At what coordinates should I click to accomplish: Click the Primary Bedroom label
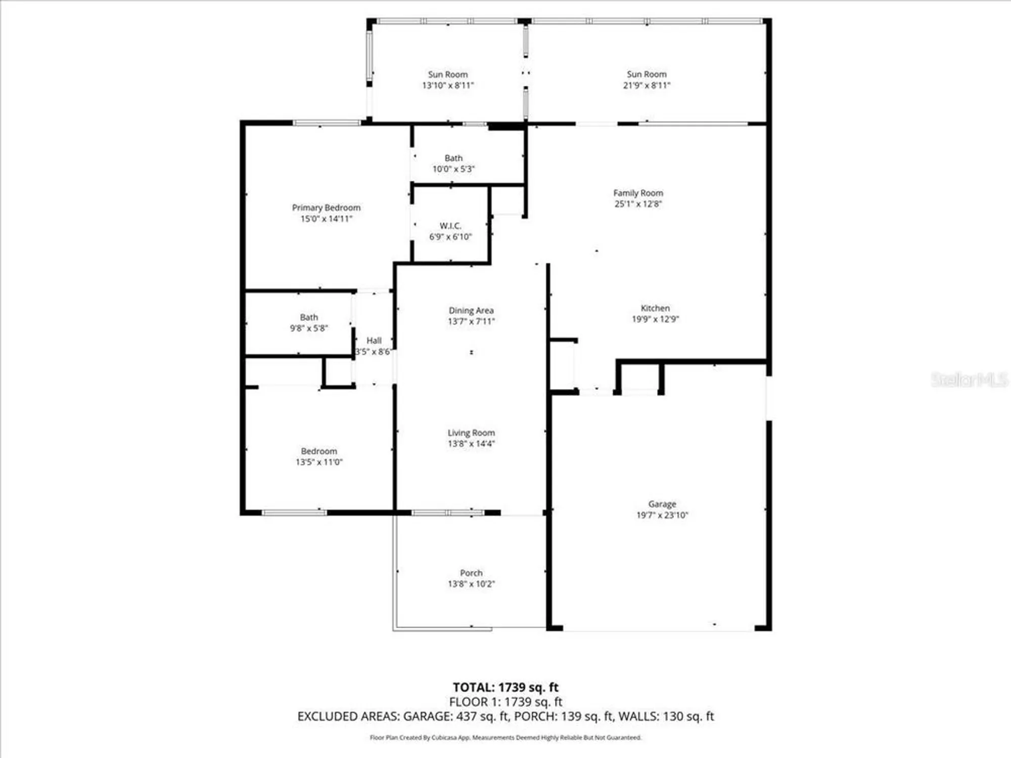[326, 208]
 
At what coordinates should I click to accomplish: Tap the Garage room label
[662, 504]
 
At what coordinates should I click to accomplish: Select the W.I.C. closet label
[450, 225]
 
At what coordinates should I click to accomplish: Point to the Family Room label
[638, 193]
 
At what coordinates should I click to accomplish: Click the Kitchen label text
[655, 308]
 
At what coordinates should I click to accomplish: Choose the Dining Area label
[471, 310]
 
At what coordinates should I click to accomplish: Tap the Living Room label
[471, 433]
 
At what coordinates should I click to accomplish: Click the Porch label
[471, 573]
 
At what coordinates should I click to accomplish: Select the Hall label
[374, 340]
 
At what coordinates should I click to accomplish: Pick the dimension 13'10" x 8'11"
[448, 85]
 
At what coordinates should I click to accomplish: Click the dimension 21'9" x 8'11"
[647, 85]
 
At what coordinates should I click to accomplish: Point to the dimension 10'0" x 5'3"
[453, 169]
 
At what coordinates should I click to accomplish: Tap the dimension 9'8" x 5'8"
[309, 328]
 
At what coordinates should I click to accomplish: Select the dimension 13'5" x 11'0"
[319, 462]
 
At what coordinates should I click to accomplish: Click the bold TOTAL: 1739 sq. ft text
[505, 687]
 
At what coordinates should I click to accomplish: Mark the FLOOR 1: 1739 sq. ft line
[505, 702]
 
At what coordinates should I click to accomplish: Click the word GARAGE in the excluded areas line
[427, 716]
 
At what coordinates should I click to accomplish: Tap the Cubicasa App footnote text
[505, 738]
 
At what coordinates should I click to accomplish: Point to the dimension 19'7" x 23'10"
[662, 515]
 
